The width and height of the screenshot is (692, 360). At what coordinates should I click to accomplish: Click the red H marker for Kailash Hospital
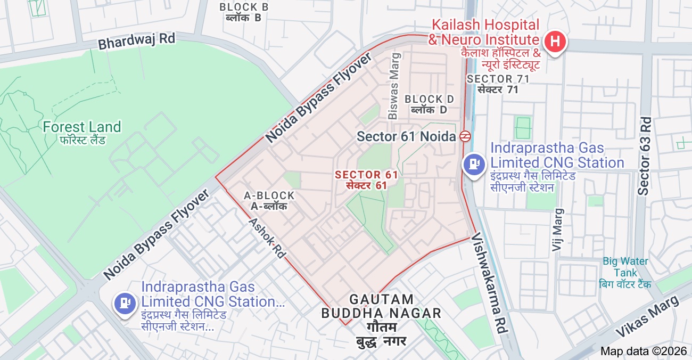point(554,41)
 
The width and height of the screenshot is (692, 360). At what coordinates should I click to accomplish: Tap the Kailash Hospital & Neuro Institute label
point(484,32)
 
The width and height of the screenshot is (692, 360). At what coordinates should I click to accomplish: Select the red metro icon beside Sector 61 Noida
point(465,136)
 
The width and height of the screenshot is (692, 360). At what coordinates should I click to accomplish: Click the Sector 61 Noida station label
point(407,136)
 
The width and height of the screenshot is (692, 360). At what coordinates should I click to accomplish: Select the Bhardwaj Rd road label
point(137,41)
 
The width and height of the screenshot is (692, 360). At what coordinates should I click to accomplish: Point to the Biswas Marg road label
point(393,86)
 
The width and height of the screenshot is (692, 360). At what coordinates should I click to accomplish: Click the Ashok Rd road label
point(267,238)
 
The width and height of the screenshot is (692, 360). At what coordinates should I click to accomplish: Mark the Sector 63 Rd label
point(645,155)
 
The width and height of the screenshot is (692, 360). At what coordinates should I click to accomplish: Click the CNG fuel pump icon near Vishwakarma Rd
point(473,163)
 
